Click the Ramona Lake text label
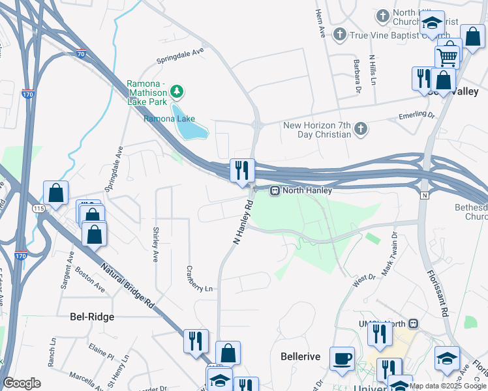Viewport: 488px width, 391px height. (169, 119)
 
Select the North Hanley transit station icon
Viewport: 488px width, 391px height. (275, 191)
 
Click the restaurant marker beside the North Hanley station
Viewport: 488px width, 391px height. (242, 171)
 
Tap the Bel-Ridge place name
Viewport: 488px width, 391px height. (92, 317)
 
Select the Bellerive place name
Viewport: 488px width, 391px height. (299, 356)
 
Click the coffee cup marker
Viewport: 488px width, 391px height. (342, 358)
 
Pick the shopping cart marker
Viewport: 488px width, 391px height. (447, 57)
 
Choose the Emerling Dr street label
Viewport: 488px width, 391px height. (416, 117)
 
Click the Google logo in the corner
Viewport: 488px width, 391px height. (22, 383)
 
